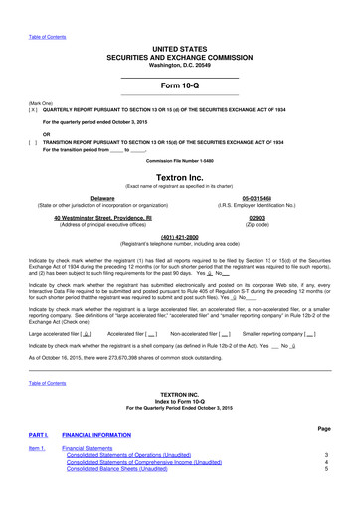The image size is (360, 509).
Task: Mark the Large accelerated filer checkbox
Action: pos(88,333)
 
